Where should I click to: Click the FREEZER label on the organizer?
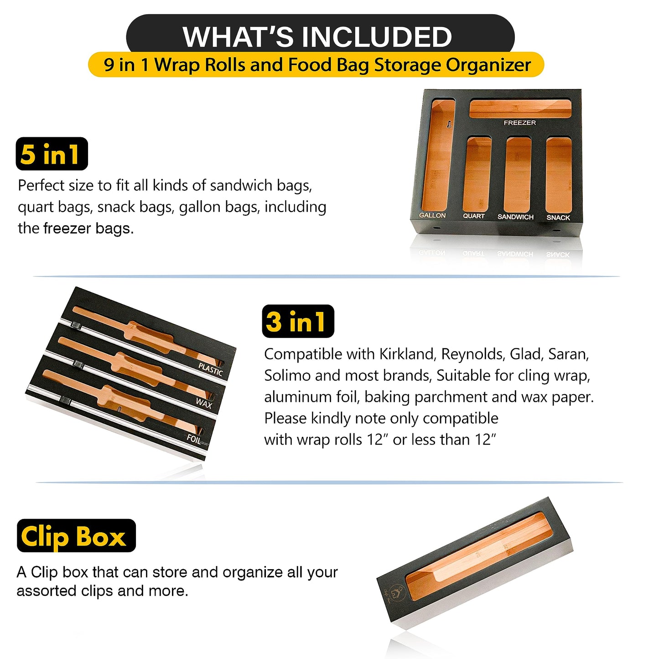coord(519,122)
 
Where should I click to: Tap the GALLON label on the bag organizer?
coord(432,215)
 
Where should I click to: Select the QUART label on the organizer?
coord(474,216)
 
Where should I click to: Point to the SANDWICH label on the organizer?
coord(515,217)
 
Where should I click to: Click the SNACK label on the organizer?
coord(558,218)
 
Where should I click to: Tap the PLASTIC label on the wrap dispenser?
coord(210,370)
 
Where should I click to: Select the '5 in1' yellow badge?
coord(52,154)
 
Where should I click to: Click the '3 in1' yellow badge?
coord(298,322)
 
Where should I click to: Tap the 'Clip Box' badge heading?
coord(76,536)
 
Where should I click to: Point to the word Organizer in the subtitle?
coord(488,65)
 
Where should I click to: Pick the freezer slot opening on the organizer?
coord(520,108)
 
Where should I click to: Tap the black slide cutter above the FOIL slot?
coord(65,401)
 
